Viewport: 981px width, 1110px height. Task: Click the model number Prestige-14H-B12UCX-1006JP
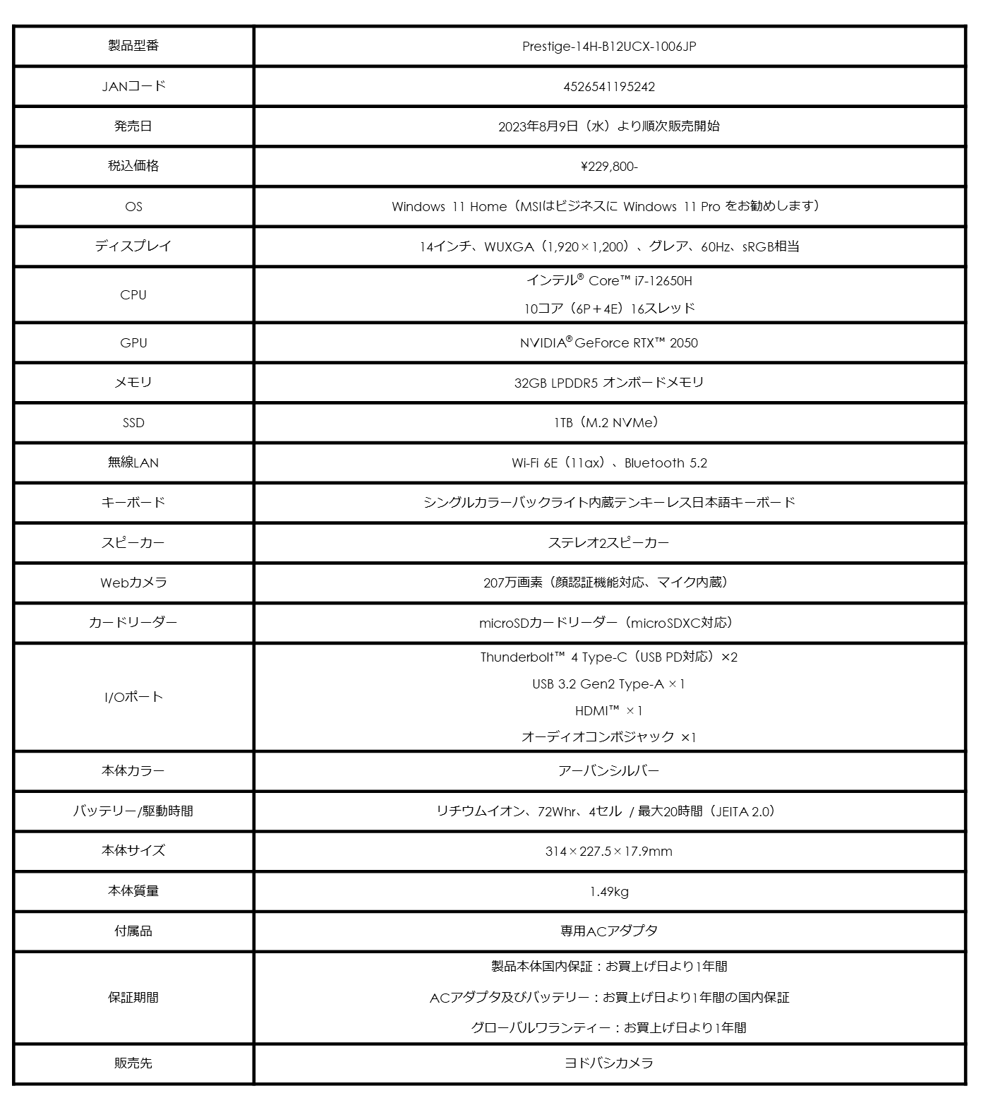pos(608,47)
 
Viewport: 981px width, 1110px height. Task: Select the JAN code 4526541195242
pos(608,87)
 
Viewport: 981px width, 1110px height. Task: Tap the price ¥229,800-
pos(608,167)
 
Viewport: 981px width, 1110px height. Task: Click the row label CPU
pos(133,295)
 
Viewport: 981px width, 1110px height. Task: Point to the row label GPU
pos(133,343)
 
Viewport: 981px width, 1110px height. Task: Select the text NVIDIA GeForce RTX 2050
pos(608,343)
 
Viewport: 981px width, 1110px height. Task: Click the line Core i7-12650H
pos(608,281)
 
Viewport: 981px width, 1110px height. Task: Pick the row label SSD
pos(133,423)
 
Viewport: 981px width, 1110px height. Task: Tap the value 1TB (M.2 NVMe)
pos(608,423)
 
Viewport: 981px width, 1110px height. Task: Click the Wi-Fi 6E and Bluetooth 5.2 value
pos(608,463)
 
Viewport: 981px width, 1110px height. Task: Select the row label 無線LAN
pos(133,463)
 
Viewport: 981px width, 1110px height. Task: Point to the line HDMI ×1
pos(608,711)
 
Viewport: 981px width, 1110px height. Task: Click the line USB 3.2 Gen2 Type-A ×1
pos(608,684)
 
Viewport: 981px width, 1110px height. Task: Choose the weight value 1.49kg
pos(608,892)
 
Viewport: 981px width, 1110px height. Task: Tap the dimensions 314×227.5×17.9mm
pos(608,852)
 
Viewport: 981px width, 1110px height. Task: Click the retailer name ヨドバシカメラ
pos(608,1063)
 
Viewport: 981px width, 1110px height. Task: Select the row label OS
pos(133,207)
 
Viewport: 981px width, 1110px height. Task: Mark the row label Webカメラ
pos(133,583)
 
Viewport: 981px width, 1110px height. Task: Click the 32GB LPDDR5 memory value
pos(608,383)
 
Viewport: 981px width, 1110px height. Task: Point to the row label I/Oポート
pos(133,698)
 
